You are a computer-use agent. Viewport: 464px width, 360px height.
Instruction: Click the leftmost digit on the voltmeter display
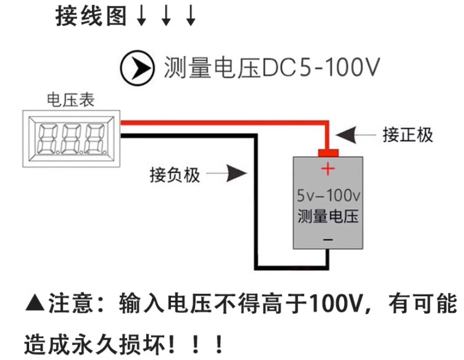(47, 137)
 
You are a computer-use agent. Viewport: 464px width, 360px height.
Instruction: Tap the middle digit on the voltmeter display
(71, 137)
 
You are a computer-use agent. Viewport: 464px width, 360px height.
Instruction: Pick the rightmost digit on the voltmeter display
(95, 137)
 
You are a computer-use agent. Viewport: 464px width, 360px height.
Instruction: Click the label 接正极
(408, 135)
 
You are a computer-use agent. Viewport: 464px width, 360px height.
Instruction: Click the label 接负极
(175, 175)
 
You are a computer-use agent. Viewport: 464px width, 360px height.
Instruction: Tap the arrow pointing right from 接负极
(230, 174)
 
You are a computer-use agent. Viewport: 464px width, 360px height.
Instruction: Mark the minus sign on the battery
(328, 239)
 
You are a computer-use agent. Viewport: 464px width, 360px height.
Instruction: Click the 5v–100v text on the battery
(328, 196)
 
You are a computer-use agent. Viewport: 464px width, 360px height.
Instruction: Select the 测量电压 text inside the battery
(328, 216)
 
